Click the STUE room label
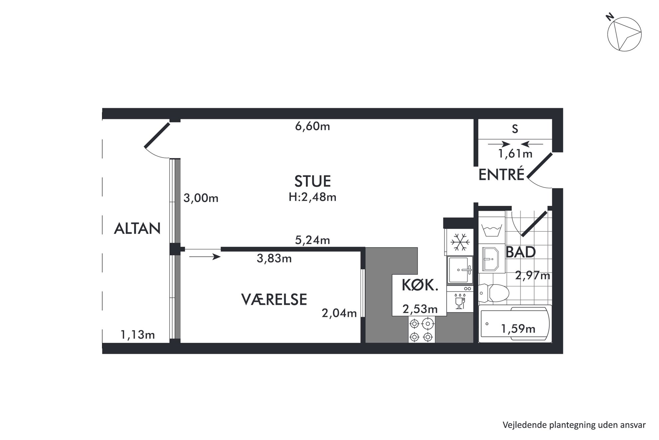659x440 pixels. point(313,181)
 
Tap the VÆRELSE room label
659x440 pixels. point(274,299)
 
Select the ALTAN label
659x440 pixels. point(137,228)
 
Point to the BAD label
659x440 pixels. point(520,252)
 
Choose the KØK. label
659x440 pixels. point(420,285)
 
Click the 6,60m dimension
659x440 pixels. point(313,126)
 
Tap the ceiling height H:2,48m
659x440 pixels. point(313,197)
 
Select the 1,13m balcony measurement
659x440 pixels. point(138,335)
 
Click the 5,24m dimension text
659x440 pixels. point(313,240)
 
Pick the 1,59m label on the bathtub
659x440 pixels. point(518,329)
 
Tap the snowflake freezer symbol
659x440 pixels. point(460,242)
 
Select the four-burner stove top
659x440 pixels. point(422,330)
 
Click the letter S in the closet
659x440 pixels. point(515,129)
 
